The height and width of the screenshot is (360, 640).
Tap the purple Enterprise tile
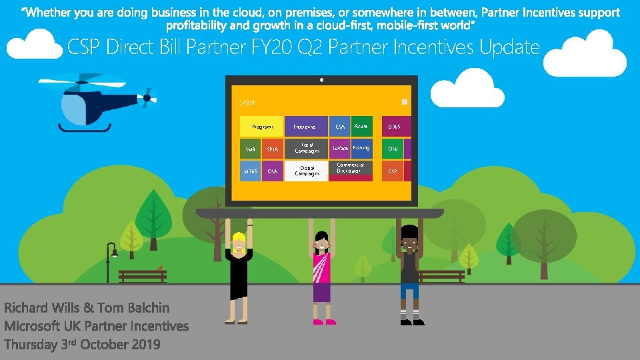pyautogui.click(x=305, y=127)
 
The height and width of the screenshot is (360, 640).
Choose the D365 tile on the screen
pyautogui.click(x=394, y=127)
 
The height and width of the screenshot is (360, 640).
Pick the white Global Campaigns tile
pyautogui.click(x=307, y=171)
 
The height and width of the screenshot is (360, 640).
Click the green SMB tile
pyautogui.click(x=250, y=149)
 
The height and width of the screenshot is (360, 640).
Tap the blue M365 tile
pyautogui.click(x=250, y=171)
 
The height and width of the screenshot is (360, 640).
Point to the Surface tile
pyautogui.click(x=340, y=148)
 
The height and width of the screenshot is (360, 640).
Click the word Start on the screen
pyautogui.click(x=247, y=103)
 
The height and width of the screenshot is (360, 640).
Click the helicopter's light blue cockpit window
pyautogui.click(x=74, y=107)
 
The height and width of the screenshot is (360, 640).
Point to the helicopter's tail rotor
pyautogui.click(x=147, y=97)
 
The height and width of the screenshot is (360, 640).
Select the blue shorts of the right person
pyautogui.click(x=409, y=291)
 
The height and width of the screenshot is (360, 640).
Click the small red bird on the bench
pyautogui.click(x=159, y=267)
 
